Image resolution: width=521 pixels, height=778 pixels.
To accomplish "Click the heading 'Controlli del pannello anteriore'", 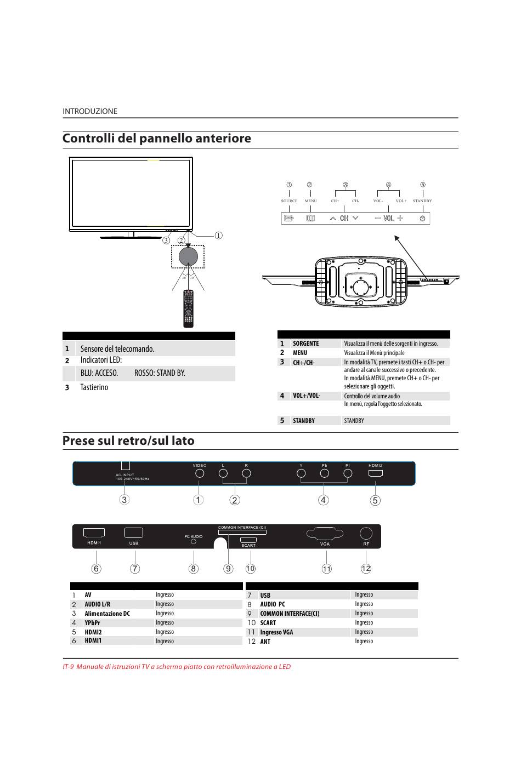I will (157, 139).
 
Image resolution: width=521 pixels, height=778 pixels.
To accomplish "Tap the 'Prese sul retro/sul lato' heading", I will (128, 441).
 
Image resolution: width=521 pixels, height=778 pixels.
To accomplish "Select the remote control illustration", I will (188, 309).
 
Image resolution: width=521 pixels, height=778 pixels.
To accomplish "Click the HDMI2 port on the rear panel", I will (376, 474).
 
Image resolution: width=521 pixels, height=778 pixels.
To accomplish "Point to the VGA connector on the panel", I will (324, 534).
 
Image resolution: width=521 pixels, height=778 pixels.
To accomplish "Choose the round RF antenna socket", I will (366, 534).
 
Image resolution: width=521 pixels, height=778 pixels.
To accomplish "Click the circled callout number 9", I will (228, 568).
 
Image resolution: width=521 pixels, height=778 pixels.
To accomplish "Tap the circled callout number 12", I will (366, 568).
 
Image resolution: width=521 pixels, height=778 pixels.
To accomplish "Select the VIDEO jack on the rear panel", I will (200, 473).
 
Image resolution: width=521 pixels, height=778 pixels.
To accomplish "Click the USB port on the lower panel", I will (134, 533).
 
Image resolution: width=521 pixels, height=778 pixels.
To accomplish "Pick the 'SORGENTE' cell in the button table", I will (305, 344).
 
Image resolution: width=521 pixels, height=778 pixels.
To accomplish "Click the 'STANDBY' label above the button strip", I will (422, 201).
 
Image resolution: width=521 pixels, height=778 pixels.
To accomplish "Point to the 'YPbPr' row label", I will (92, 623).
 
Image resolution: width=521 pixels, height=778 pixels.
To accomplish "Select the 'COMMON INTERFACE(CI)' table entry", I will (290, 614).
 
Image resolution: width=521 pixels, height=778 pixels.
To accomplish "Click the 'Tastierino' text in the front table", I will (94, 387).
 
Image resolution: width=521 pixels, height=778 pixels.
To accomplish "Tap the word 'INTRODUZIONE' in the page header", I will (90, 111).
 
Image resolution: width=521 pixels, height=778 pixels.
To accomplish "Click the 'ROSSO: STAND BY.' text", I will (160, 373).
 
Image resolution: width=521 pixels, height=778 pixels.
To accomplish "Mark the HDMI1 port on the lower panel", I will (94, 533).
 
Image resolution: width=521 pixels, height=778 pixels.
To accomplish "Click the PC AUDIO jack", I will (194, 542).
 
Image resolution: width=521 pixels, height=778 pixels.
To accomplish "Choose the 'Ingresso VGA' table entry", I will (276, 632).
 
